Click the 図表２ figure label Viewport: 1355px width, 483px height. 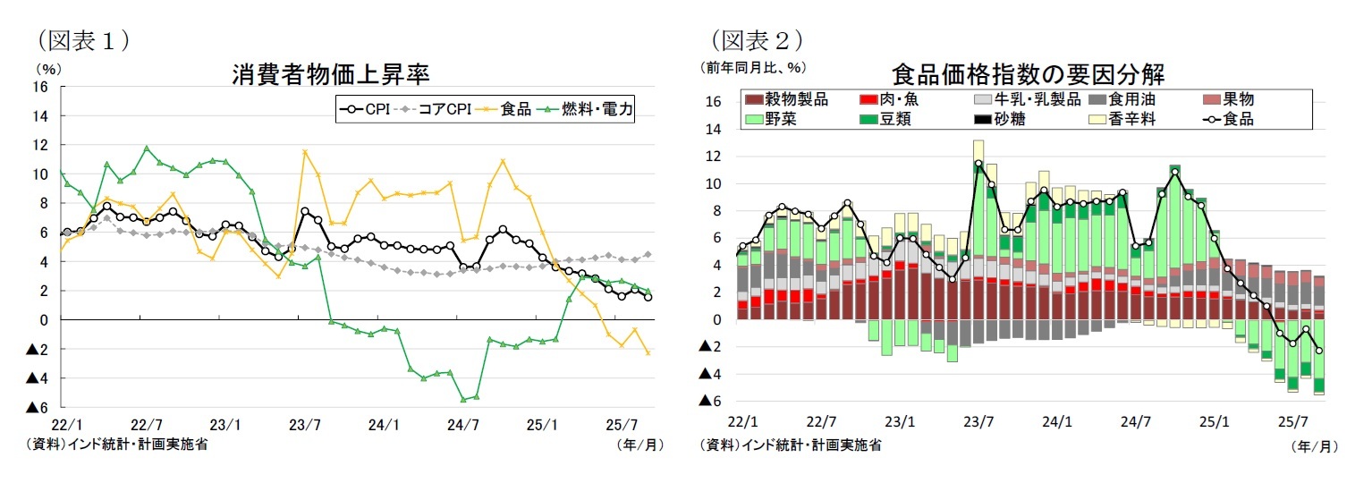(756, 39)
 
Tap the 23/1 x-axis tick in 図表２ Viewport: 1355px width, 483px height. (900, 420)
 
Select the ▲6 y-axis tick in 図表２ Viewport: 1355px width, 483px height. (709, 402)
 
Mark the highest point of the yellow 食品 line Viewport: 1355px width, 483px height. (305, 152)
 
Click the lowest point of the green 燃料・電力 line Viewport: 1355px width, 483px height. (463, 400)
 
